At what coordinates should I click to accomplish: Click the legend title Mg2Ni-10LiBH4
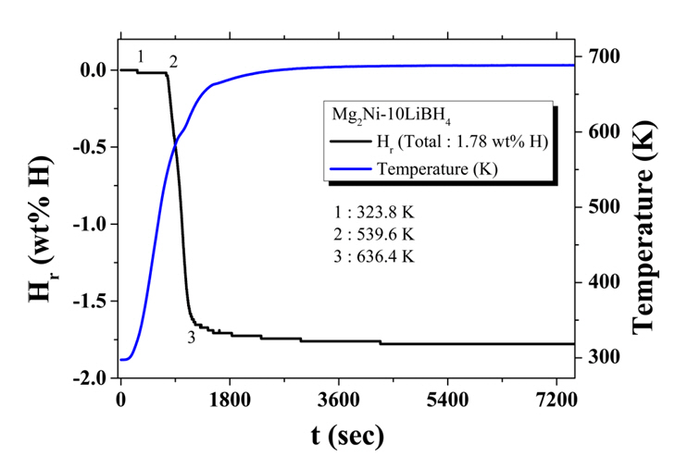coord(382,116)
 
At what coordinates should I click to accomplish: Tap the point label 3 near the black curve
coord(191,337)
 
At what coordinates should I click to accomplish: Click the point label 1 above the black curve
coord(141,56)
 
